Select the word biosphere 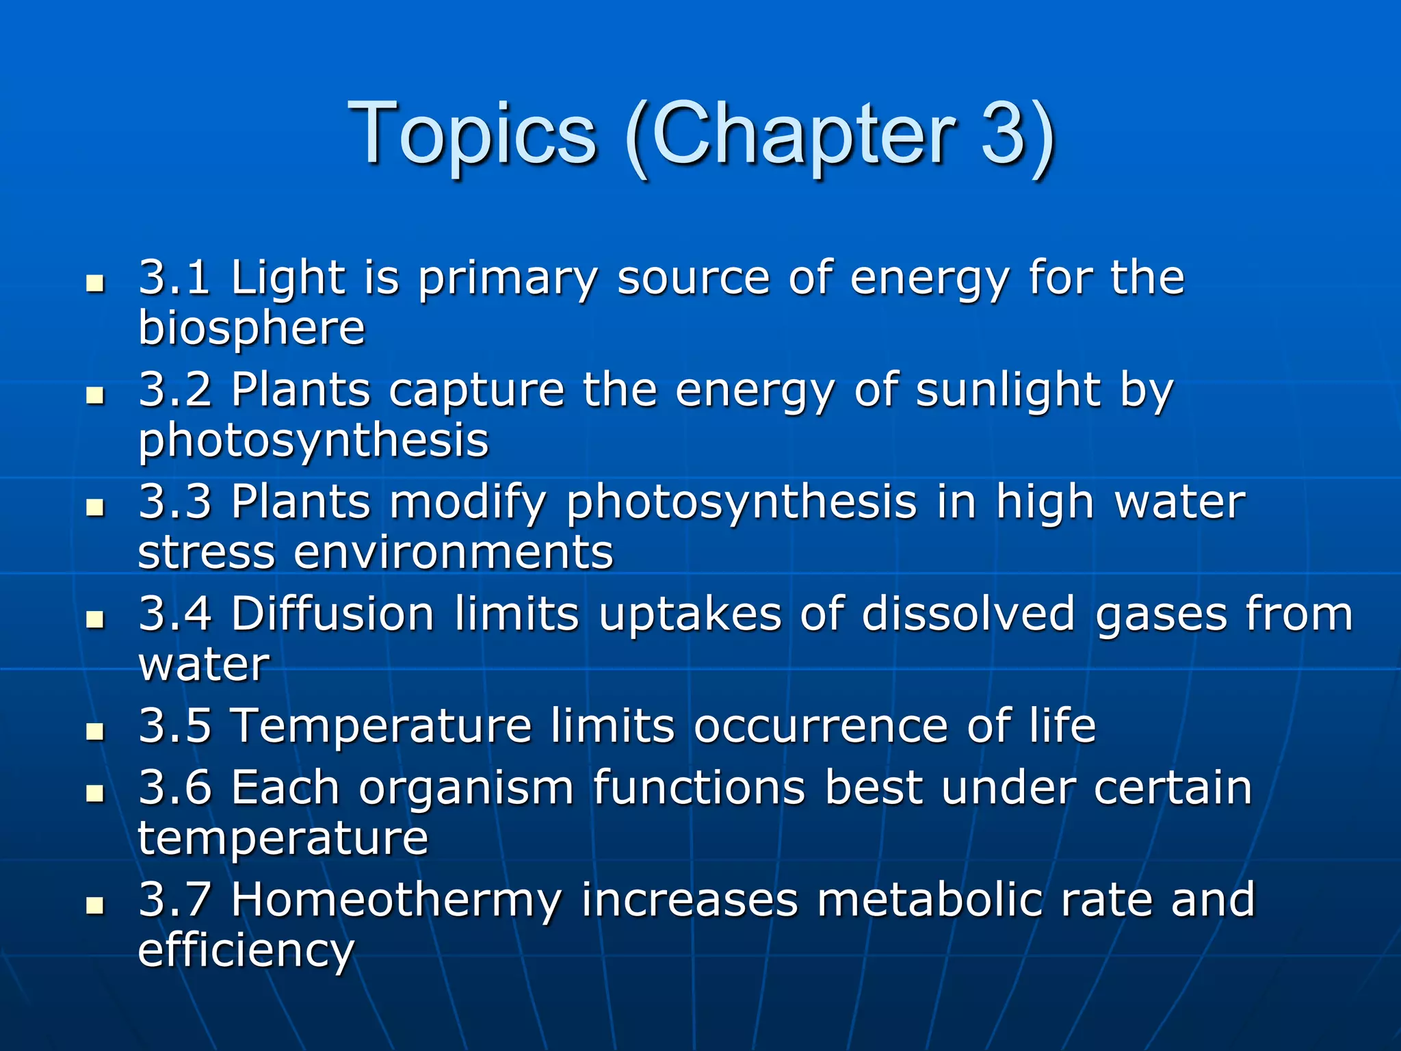252,328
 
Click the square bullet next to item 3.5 95,732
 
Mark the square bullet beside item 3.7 95,907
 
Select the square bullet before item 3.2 95,396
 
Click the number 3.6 174,788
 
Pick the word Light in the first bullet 288,278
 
